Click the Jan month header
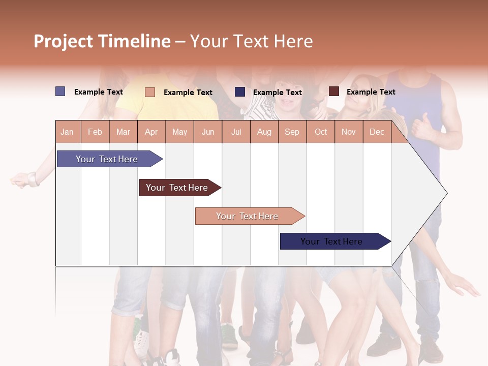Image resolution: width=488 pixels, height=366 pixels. (x=68, y=132)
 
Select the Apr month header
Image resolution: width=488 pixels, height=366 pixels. (x=151, y=132)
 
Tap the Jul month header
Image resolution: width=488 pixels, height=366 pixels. (x=236, y=132)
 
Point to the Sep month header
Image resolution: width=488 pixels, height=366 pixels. (x=292, y=132)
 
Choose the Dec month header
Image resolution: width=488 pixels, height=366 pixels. (x=377, y=132)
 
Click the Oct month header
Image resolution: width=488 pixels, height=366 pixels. (x=321, y=132)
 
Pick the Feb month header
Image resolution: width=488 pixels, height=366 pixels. (x=95, y=132)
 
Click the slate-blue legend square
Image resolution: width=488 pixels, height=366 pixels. (x=60, y=91)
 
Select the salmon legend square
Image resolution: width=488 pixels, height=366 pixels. (x=150, y=92)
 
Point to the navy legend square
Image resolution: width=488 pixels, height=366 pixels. (x=240, y=92)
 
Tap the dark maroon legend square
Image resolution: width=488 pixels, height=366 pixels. (x=333, y=91)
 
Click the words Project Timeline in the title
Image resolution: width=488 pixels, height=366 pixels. (x=102, y=41)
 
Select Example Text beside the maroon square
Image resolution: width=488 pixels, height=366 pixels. (x=371, y=92)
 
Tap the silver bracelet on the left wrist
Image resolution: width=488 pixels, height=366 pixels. (x=34, y=179)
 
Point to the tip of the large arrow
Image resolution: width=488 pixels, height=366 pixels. (x=446, y=193)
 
